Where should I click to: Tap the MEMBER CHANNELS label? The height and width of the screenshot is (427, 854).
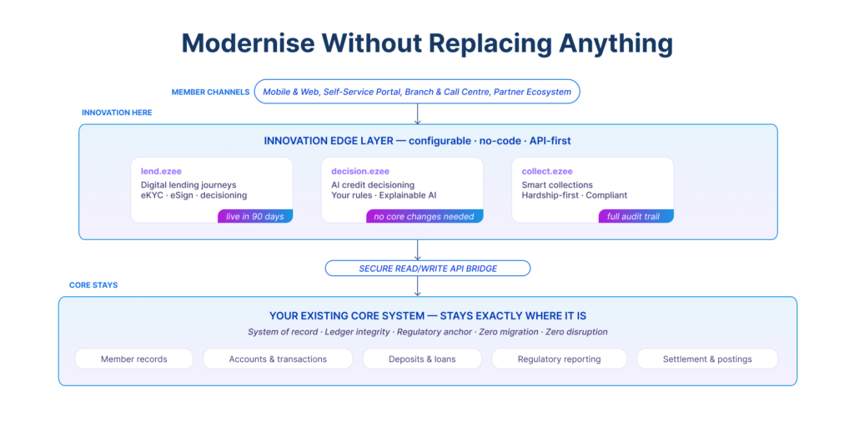coord(210,92)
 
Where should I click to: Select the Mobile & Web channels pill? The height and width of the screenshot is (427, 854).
coord(417,92)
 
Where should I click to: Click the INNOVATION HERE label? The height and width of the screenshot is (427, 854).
coord(117,113)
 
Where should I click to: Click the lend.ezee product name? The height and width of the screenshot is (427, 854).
coord(161,171)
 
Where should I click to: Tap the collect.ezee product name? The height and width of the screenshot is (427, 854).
coord(547,171)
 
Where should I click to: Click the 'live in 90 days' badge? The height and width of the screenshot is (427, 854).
coord(255,216)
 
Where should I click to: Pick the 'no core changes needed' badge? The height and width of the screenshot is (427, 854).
coord(424,216)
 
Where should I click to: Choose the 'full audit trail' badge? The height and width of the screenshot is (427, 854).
coord(635,216)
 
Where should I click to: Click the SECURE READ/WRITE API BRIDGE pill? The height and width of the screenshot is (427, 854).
coord(427,268)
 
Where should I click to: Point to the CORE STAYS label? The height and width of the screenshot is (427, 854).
coord(93,285)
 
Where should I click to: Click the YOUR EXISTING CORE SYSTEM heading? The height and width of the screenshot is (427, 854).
coord(427,316)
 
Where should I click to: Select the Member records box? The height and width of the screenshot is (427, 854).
coord(133,359)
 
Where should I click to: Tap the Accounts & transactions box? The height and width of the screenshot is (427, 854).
coord(278,359)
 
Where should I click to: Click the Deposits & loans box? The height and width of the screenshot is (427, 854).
coord(422,359)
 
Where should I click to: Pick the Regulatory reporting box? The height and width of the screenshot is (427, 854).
coord(559,359)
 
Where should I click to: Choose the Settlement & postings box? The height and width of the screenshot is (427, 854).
coord(707,359)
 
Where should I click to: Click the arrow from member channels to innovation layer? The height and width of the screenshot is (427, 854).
coord(417,114)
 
